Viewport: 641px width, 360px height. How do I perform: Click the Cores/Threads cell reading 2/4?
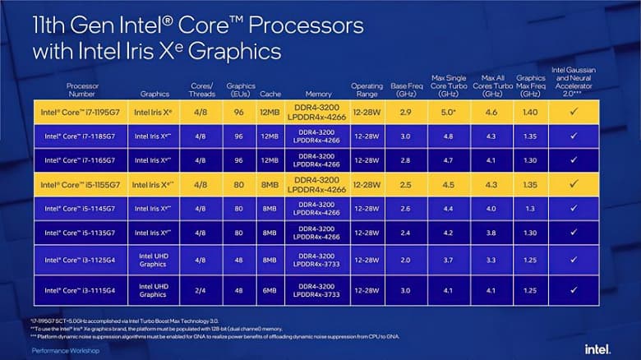[x=201, y=289]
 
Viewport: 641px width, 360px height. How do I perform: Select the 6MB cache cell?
[x=270, y=289]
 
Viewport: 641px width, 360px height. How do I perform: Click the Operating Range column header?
[x=367, y=89]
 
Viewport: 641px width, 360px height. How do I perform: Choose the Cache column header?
[x=270, y=94]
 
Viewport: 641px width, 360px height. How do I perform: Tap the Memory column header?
[x=318, y=94]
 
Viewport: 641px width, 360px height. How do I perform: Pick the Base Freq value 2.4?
[x=404, y=232]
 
